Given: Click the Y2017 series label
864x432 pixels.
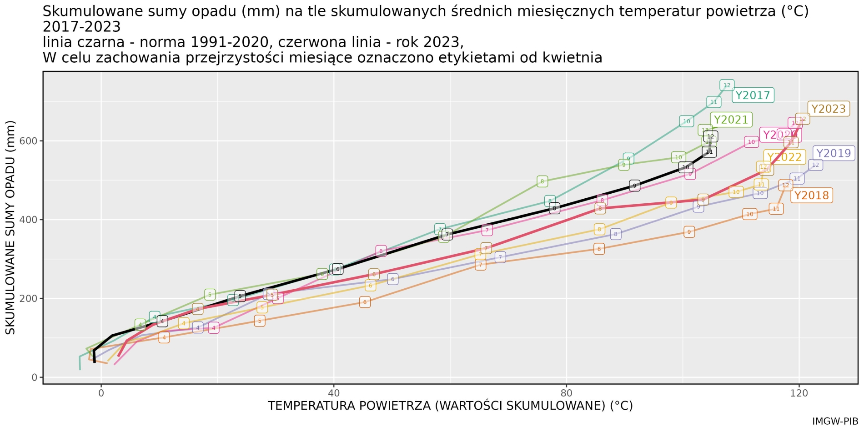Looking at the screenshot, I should coord(753,95).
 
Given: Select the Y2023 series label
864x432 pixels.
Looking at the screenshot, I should coord(829,109).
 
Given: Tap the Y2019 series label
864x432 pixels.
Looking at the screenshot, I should coord(834,153).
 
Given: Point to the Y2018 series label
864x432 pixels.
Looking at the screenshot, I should coord(811,196).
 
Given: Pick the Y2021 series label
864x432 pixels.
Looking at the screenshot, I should coord(731,120).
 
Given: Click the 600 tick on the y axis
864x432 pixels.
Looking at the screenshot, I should coord(28,141).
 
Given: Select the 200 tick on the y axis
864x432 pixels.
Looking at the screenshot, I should coord(28,299).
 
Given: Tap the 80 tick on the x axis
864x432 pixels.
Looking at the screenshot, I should coord(566,393).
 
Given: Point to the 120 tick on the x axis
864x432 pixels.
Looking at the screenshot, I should coord(799,393).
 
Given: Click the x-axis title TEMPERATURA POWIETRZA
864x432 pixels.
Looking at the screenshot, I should coord(450,406).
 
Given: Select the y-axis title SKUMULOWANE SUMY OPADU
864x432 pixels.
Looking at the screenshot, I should coord(10,227).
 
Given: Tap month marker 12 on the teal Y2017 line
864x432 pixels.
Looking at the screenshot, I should coord(727,85).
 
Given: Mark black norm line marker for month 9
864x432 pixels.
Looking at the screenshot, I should coord(634,186).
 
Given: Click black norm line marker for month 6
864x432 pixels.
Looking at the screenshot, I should coord(337,269).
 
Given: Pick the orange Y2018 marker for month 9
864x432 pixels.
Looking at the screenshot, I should coord(689,232).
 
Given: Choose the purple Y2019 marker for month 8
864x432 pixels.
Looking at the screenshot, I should coord(616,234).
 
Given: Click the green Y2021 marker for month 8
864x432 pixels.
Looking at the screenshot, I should coord(542,181).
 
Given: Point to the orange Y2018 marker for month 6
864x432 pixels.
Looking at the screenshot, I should coord(365,302).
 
